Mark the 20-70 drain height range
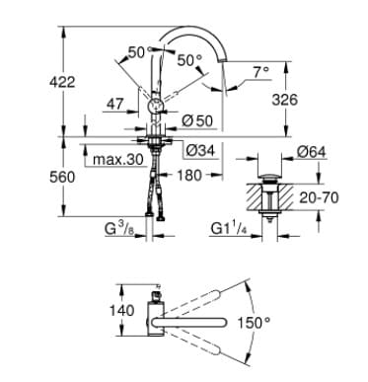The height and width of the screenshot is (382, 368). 317,197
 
